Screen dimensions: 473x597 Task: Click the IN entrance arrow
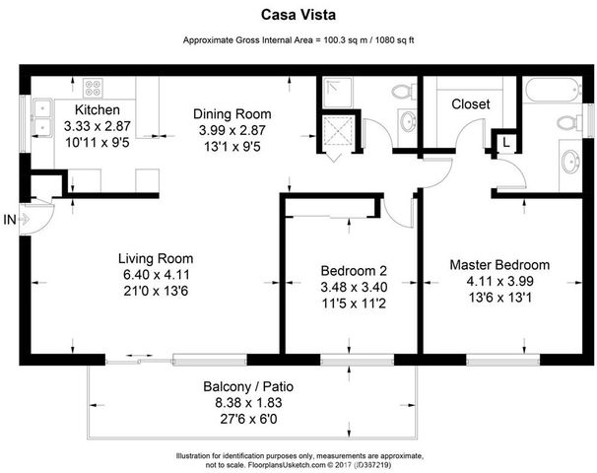coord(20,220)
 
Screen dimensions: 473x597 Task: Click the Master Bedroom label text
coord(499,265)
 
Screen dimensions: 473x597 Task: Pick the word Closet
coord(471,104)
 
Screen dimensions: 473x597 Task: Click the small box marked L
coord(505,143)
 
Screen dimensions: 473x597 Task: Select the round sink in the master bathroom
coord(570,160)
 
